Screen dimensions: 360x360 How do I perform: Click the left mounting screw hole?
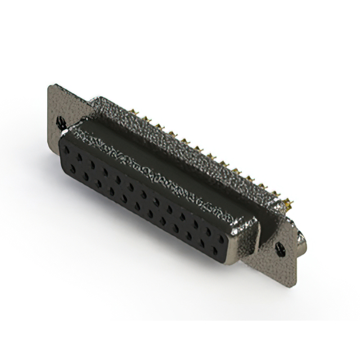pos(61,121)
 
